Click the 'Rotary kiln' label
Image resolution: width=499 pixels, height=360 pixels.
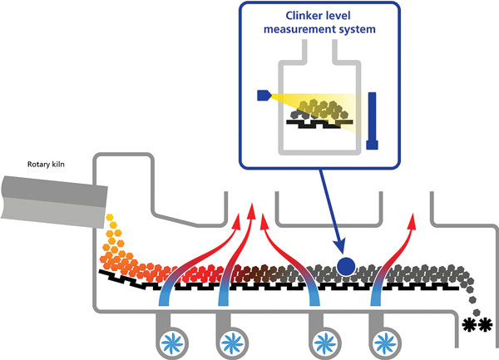[46, 165]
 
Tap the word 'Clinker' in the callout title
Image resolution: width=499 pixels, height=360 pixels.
[303, 16]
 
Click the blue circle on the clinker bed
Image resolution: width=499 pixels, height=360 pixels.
[346, 266]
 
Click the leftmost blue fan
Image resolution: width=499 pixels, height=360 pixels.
[172, 343]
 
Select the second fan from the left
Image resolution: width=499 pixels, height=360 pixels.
[232, 343]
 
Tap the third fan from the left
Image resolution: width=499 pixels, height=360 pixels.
[324, 343]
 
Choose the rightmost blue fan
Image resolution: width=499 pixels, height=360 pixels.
[385, 343]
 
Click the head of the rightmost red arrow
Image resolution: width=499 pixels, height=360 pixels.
[413, 221]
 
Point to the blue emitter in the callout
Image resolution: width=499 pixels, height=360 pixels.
[264, 96]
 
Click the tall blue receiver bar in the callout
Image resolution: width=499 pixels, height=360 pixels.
[372, 121]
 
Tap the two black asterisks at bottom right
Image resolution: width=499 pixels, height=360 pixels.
[477, 325]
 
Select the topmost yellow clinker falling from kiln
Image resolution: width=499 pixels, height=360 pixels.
[110, 218]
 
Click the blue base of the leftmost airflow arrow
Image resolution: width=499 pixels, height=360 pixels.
[164, 298]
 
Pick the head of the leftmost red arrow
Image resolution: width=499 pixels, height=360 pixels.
[237, 222]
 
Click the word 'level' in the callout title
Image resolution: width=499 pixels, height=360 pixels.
[337, 16]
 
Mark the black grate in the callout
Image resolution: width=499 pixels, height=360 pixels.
[319, 124]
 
